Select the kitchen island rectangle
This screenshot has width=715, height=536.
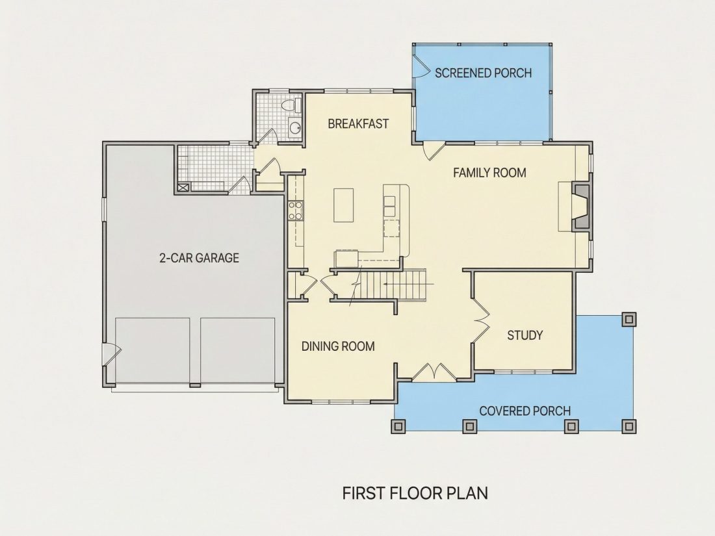click(343, 205)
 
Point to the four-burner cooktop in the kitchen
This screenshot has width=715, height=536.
click(295, 211)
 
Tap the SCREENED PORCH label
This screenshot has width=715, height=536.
click(483, 73)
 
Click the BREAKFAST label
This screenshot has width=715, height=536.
click(358, 123)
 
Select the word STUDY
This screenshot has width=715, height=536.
click(525, 335)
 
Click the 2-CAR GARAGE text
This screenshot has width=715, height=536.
click(200, 258)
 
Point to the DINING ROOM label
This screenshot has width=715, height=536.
click(338, 346)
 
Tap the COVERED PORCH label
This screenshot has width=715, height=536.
click(525, 411)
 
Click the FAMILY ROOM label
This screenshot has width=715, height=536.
click(489, 173)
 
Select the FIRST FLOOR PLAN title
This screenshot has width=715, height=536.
click(415, 493)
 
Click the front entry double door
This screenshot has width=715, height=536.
click(433, 372)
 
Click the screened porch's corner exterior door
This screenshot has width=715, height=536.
click(421, 66)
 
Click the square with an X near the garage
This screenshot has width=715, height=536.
click(183, 186)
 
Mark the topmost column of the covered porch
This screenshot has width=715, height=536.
click(629, 319)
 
